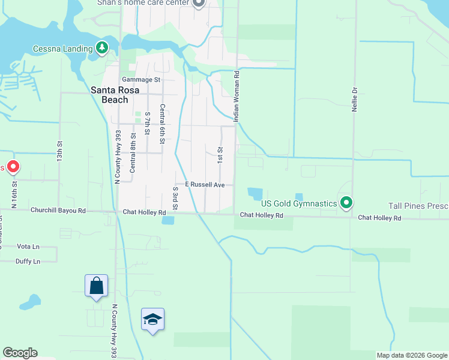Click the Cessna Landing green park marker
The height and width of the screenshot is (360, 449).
click(102, 48)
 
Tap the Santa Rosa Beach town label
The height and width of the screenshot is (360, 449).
click(110, 95)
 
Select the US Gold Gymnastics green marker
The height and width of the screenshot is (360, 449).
click(346, 203)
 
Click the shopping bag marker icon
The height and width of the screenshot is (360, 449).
click(96, 286)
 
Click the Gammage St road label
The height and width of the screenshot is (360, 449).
click(141, 79)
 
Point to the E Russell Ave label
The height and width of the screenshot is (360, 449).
click(204, 185)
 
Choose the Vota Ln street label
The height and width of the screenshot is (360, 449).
click(28, 247)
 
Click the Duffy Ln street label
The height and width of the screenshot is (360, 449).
click(28, 262)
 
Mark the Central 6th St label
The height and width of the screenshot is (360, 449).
click(162, 124)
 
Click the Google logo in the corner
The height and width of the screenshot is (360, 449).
click(20, 353)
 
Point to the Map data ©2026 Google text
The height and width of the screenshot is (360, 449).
click(412, 355)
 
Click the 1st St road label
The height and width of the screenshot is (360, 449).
click(220, 155)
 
